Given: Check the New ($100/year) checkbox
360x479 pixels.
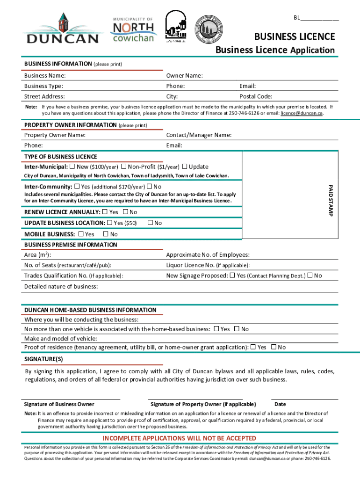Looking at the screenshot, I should pos(72,167).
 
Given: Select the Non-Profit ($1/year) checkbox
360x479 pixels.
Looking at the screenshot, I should pos(123,167).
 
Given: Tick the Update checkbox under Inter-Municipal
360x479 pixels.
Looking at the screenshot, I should pos(185,167).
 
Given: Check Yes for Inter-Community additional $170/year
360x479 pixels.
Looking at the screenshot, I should pos(77,187).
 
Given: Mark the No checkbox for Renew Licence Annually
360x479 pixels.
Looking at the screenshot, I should pos(125,212).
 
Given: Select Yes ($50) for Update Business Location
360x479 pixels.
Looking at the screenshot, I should pos(110,223).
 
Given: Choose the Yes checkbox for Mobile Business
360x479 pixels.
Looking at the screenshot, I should pos(81,233).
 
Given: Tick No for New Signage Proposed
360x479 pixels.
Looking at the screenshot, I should pos(310,275).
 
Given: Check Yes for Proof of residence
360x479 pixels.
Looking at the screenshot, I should pos(253,347).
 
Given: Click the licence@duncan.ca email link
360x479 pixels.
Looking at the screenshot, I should pos(301,113).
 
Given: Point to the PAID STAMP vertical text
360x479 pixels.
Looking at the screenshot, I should pos(330,200).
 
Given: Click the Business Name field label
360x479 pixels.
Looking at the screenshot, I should pos(45,75).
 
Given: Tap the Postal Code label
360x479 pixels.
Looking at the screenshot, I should pos(256,96).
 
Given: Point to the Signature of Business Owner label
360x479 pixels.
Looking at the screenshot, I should pos(59,404).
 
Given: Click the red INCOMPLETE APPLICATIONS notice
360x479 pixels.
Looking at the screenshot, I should pos(180,438).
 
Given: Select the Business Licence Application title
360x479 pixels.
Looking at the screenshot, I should pos(275,50).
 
